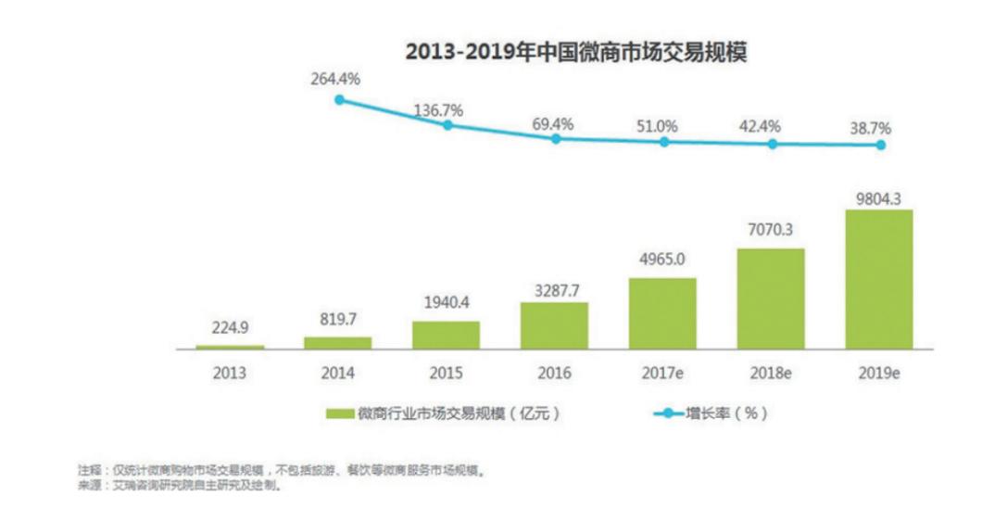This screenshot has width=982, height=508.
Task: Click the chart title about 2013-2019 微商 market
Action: [575, 52]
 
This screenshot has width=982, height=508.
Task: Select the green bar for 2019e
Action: [879, 279]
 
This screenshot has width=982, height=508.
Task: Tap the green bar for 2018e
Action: [771, 298]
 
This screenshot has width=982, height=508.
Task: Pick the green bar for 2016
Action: [554, 325]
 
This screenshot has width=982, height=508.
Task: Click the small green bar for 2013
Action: [230, 347]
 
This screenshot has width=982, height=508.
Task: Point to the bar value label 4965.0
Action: [662, 260]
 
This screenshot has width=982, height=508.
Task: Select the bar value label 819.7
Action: [338, 319]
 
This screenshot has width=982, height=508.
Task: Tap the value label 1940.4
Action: [447, 304]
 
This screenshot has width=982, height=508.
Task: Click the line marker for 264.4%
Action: [339, 99]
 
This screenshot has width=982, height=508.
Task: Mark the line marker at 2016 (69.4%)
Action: [556, 138]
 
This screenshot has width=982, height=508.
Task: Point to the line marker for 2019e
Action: [881, 145]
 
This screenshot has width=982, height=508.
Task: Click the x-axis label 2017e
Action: [662, 373]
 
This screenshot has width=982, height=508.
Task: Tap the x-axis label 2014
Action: [338, 373]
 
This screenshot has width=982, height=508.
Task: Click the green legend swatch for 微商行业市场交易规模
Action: [339, 413]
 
